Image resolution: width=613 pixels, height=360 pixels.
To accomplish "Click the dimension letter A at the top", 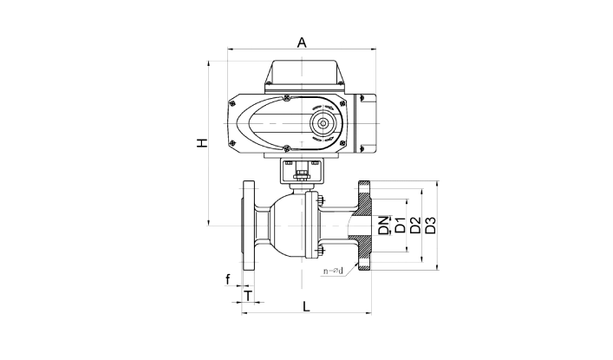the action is click(302, 43).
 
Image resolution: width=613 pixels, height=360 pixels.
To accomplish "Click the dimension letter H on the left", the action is click(202, 143).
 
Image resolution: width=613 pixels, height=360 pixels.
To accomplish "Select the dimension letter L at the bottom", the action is click(307, 306).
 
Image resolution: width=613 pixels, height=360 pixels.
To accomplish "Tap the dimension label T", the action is click(248, 296).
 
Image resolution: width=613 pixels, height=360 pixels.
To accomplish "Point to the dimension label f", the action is click(227, 279).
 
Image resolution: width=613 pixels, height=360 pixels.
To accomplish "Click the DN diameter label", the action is click(384, 226).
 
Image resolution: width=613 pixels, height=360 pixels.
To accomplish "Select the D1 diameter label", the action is click(400, 225).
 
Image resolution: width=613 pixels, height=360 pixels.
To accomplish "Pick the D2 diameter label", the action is click(415, 225).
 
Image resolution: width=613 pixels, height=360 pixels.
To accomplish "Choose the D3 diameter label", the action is click(430, 225).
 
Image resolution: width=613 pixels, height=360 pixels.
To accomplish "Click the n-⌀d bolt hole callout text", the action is click(333, 271).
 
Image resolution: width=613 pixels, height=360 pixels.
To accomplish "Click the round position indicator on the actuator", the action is click(323, 124).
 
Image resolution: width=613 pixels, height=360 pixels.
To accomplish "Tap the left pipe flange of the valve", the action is click(248, 226).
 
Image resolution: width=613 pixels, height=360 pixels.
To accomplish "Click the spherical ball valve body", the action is click(288, 226).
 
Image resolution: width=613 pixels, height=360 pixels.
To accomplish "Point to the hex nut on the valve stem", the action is click(301, 173).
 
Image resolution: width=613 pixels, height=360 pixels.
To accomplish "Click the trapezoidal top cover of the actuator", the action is click(302, 72).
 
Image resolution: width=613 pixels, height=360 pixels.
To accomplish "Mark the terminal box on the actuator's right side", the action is click(366, 123).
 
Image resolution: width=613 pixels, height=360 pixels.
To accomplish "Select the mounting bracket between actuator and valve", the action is click(302, 171).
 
